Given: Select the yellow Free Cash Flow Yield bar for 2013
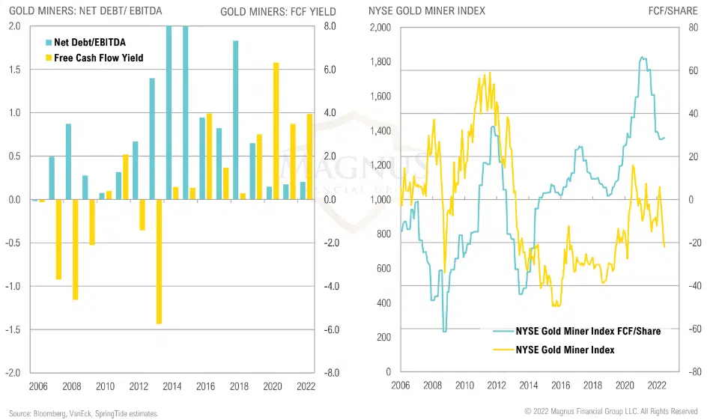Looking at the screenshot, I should point(160,261).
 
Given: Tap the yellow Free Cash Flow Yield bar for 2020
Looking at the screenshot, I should point(276,131).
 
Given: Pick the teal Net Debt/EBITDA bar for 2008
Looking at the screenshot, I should point(68,161).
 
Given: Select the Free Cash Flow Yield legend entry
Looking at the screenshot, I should point(93,58).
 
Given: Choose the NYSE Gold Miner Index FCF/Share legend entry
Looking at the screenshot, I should point(577,331).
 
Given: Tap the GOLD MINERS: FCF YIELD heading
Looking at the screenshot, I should point(278,11).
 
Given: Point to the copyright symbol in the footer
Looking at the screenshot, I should point(528,412).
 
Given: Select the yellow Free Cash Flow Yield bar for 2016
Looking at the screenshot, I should point(209,156).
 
